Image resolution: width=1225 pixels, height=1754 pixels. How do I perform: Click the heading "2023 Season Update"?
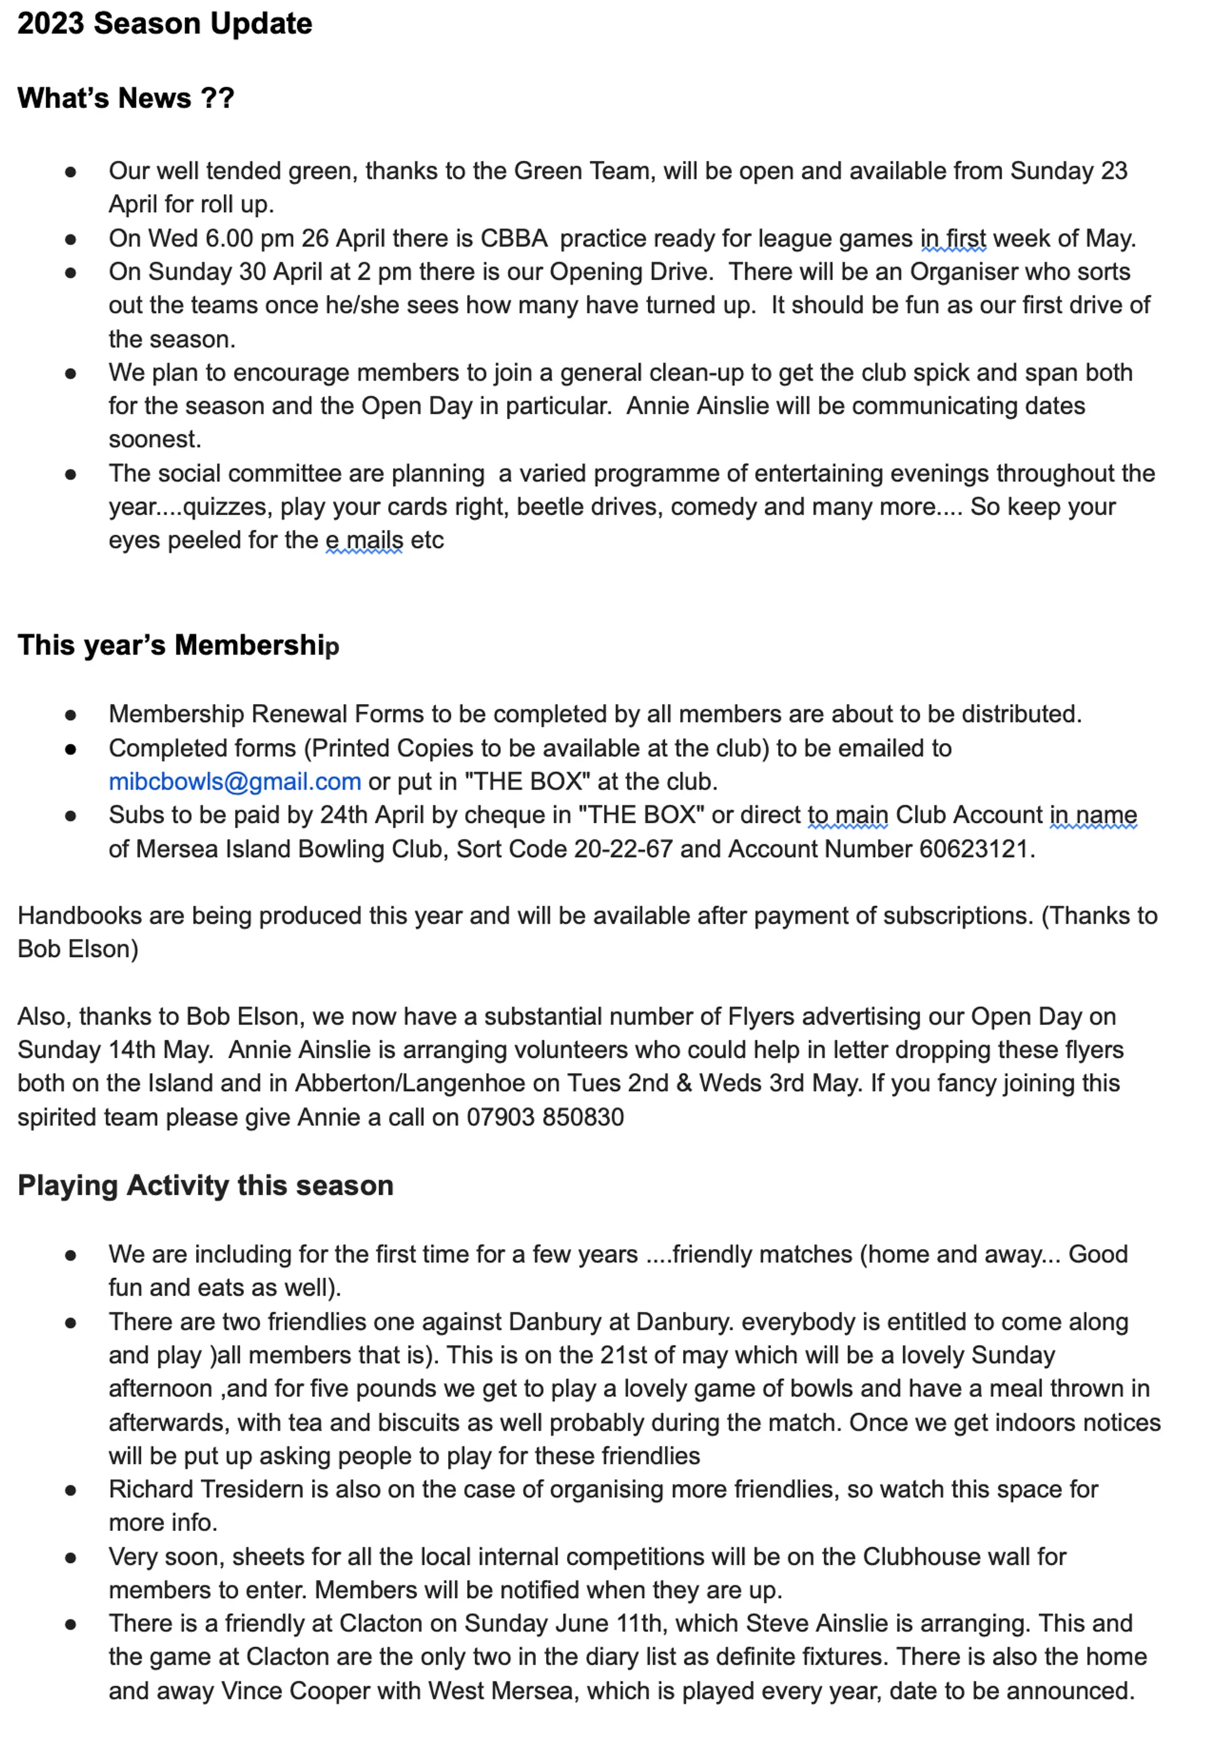164,24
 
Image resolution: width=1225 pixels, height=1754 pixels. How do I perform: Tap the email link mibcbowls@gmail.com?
234,781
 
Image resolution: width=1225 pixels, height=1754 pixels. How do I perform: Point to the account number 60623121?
974,849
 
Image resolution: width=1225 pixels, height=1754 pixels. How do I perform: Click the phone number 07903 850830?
546,1117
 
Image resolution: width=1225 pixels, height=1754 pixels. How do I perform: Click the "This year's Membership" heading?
178,645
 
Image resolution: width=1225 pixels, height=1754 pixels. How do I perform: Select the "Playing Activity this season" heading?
205,1185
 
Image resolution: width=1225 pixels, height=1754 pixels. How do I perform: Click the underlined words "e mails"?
364,540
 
